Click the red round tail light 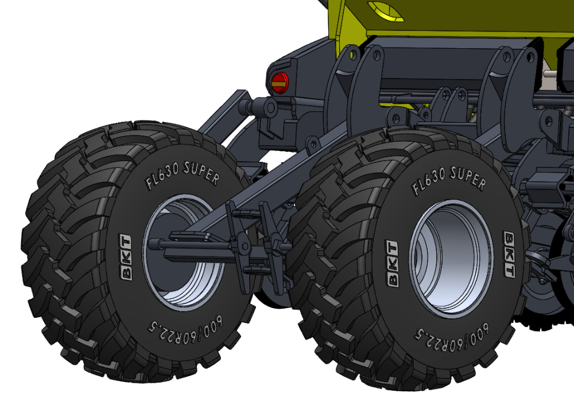coord(280,82)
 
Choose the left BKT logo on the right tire coord(391,263)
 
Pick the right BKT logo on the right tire coord(509,254)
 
